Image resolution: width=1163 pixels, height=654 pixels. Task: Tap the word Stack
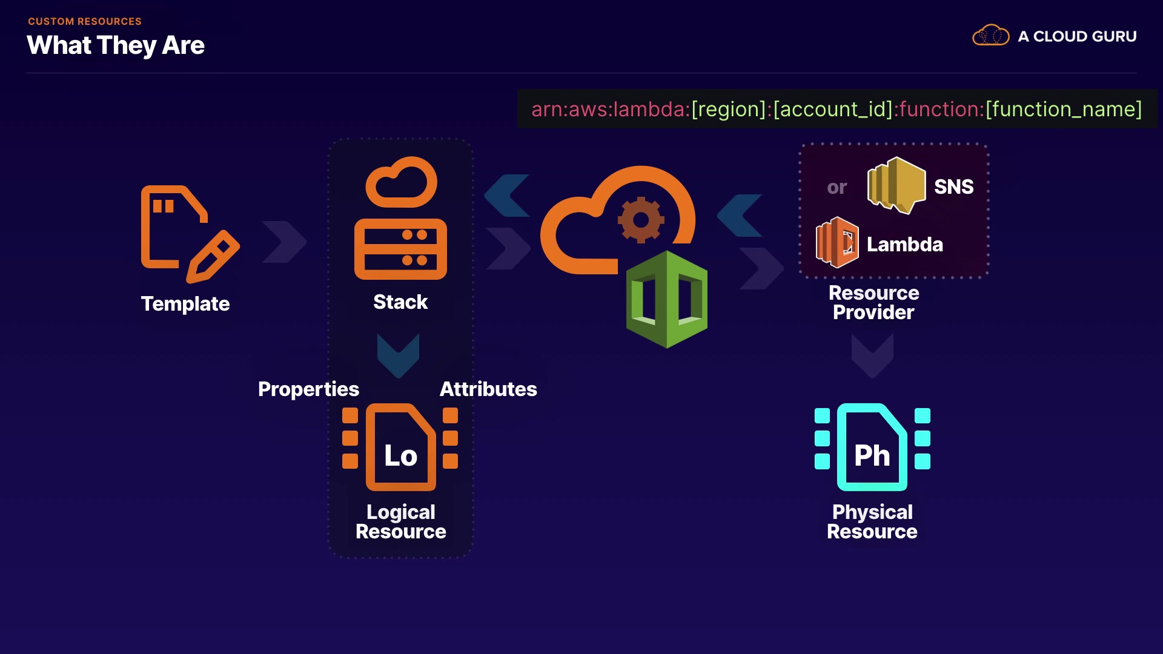pos(400,302)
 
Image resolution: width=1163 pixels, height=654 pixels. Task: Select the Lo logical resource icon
pos(400,448)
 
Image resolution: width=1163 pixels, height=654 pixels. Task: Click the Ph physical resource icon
pos(872,448)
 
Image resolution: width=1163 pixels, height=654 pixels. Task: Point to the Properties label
pos(308,389)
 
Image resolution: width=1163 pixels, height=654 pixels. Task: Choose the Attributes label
pos(488,389)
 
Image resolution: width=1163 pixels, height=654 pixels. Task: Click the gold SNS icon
pos(896,185)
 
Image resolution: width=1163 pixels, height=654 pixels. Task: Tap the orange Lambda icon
pos(837,243)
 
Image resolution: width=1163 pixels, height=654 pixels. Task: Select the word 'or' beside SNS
pos(837,188)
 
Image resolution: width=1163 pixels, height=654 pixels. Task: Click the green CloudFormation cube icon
pos(666,299)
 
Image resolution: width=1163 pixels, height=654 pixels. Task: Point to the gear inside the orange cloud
pos(641,220)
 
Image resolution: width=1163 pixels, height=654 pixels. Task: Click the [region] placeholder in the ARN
pos(729,110)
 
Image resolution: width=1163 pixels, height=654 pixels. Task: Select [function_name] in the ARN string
pos(1064,110)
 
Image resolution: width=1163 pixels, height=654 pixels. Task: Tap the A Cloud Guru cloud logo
pos(990,36)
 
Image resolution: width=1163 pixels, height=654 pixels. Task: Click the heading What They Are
pos(116,45)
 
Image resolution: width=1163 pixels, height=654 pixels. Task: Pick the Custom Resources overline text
pos(85,21)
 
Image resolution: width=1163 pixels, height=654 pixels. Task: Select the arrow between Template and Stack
pos(284,242)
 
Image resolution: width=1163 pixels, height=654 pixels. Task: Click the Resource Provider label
pos(873,302)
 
